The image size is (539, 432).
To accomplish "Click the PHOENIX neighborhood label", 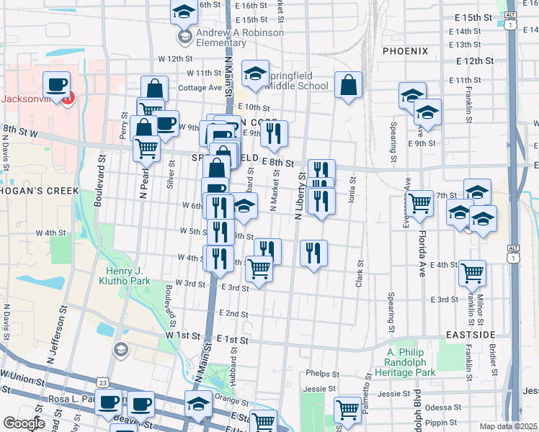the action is [x=405, y=51].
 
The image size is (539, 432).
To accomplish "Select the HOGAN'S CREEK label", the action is [x=33, y=191].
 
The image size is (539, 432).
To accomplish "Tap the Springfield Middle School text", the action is [x=297, y=81].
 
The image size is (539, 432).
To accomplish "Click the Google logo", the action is [x=24, y=423].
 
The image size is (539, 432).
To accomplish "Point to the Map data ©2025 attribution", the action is [x=509, y=426].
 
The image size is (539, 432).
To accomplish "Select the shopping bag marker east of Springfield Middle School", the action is [x=348, y=85].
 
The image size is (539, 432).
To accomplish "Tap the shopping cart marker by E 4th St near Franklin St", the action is [x=472, y=273].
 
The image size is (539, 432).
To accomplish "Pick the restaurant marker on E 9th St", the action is [x=274, y=132].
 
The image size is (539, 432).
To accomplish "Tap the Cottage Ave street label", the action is [x=200, y=88].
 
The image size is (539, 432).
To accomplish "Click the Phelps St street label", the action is [x=322, y=374].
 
